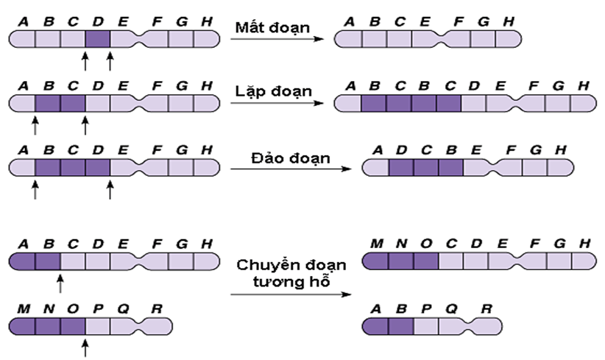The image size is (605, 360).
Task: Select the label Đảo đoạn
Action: point(280,156)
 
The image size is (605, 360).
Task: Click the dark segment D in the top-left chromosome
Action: point(97,38)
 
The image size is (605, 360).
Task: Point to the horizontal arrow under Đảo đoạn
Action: point(288,170)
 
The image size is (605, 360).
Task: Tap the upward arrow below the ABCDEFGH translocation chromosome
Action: point(61,282)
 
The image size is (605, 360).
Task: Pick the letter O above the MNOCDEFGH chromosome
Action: point(425,244)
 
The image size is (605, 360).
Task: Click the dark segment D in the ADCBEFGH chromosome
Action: point(401,170)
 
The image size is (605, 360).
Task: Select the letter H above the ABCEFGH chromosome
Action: point(508,21)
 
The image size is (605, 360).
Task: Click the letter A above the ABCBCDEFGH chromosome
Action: point(350,85)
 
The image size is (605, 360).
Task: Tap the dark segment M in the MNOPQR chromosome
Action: point(21,325)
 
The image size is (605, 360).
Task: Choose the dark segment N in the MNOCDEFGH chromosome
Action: point(401,261)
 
